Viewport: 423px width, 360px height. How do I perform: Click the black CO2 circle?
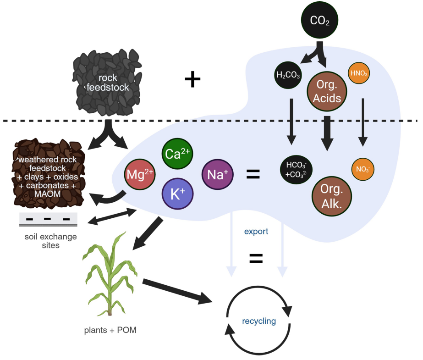point(319,21)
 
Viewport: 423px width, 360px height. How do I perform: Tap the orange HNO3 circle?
point(359,73)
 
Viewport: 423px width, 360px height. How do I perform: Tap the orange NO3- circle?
point(363,169)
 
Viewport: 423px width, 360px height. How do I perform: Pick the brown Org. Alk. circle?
point(331,196)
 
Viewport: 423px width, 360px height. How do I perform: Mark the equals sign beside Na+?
point(253,174)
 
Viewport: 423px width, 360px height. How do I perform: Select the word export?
point(256,232)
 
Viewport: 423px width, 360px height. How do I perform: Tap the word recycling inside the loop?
point(259,321)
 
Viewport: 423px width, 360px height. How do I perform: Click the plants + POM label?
point(110,330)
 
